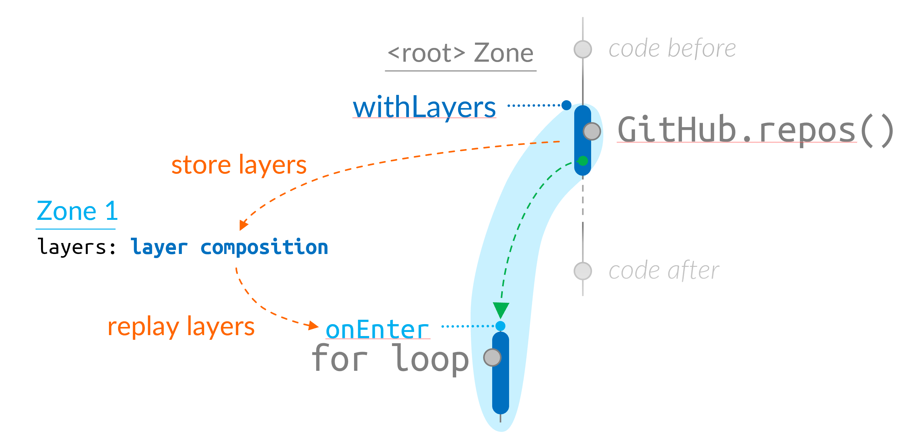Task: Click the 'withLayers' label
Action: [424, 107]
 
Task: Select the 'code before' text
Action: [672, 49]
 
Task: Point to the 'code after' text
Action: [663, 271]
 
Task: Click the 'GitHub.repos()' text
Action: [756, 130]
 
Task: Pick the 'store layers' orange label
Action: [239, 165]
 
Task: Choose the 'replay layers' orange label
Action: [181, 327]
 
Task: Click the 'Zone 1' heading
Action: [77, 211]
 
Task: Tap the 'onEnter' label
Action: [377, 329]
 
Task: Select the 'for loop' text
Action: [390, 359]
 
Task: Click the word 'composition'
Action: [264, 247]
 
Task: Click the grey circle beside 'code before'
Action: [583, 49]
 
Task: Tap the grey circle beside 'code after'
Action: [583, 271]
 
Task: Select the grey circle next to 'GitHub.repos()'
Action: [592, 131]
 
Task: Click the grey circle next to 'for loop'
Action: [492, 358]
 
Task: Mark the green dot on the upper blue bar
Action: [583, 161]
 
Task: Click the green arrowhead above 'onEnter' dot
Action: [501, 309]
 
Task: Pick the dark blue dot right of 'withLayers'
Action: [566, 105]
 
